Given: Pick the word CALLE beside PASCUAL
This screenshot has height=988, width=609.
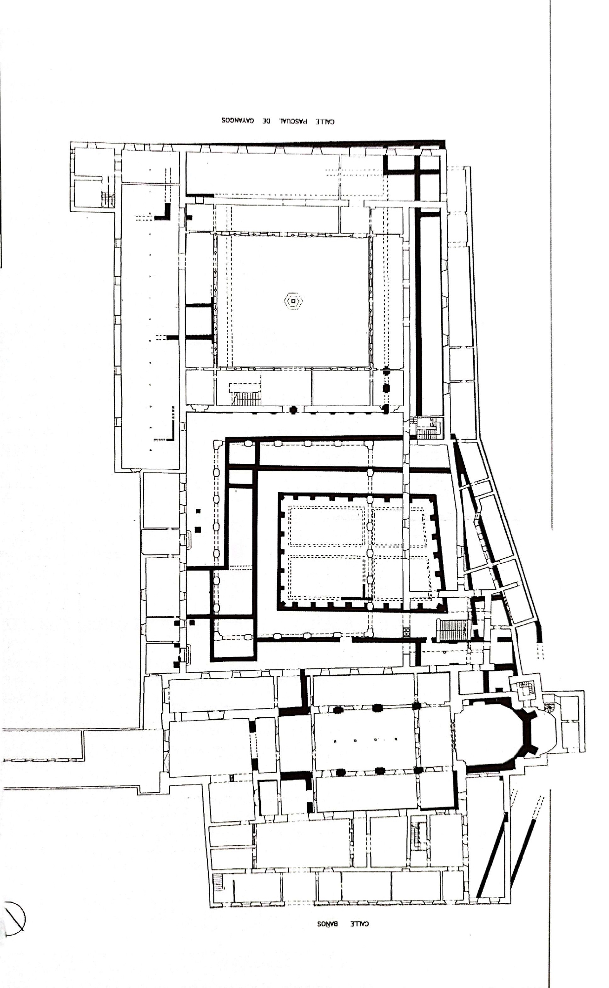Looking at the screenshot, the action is coord(325,121).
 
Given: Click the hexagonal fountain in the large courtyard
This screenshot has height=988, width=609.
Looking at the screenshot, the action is coord(293,300).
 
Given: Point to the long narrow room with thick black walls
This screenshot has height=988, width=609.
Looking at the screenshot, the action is coord(429,311).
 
